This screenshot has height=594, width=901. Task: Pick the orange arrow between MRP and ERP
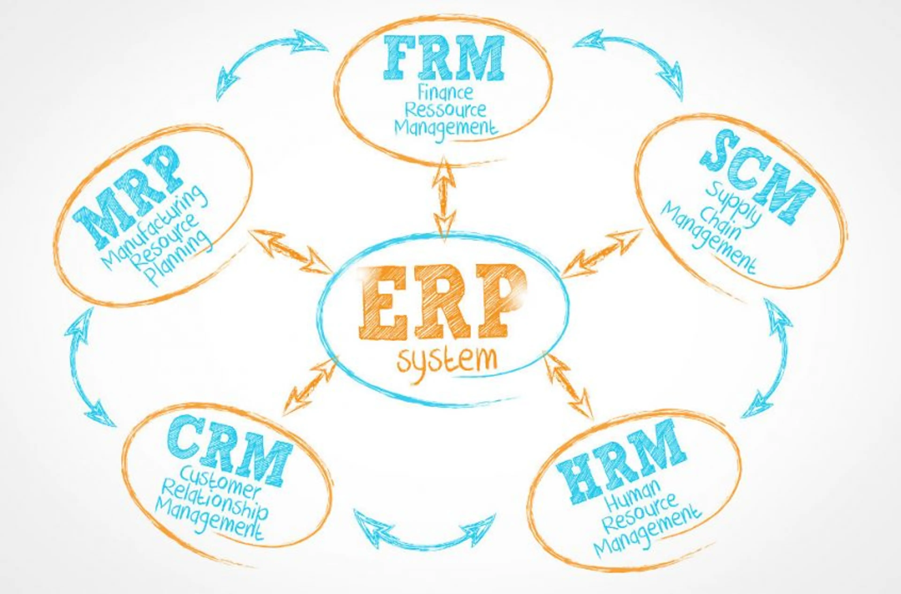[x=290, y=252]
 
